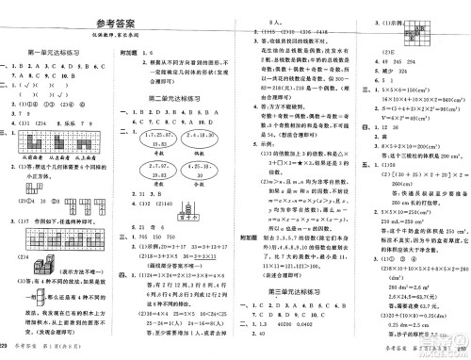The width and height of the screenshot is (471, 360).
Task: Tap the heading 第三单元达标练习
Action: point(297,269)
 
